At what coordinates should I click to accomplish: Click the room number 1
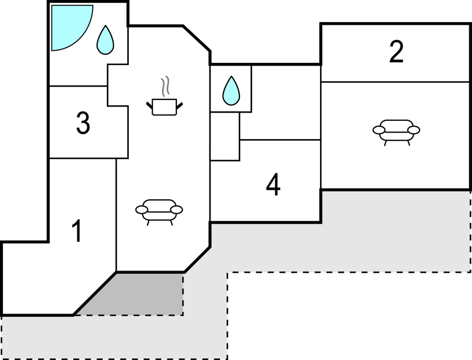(x=78, y=231)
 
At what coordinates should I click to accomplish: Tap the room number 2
(x=396, y=52)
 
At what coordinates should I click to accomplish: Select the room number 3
(x=83, y=124)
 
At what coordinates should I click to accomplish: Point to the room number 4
(x=273, y=186)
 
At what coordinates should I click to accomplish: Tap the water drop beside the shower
(x=105, y=40)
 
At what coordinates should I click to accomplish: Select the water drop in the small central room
(x=231, y=91)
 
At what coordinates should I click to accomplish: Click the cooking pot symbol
(x=164, y=106)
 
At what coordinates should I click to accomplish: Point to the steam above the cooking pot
(x=165, y=87)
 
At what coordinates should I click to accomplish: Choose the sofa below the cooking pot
(x=159, y=211)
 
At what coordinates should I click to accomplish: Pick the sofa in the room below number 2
(x=396, y=131)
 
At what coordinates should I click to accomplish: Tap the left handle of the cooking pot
(x=150, y=103)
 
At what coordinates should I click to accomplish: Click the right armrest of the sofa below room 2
(x=413, y=130)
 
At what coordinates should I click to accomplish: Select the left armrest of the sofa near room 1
(x=142, y=210)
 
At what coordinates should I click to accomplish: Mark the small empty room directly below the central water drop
(x=224, y=136)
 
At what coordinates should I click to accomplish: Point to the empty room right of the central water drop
(x=286, y=102)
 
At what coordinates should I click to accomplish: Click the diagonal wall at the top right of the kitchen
(x=197, y=38)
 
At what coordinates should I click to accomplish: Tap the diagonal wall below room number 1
(x=95, y=293)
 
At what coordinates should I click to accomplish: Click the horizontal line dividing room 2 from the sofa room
(x=396, y=82)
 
